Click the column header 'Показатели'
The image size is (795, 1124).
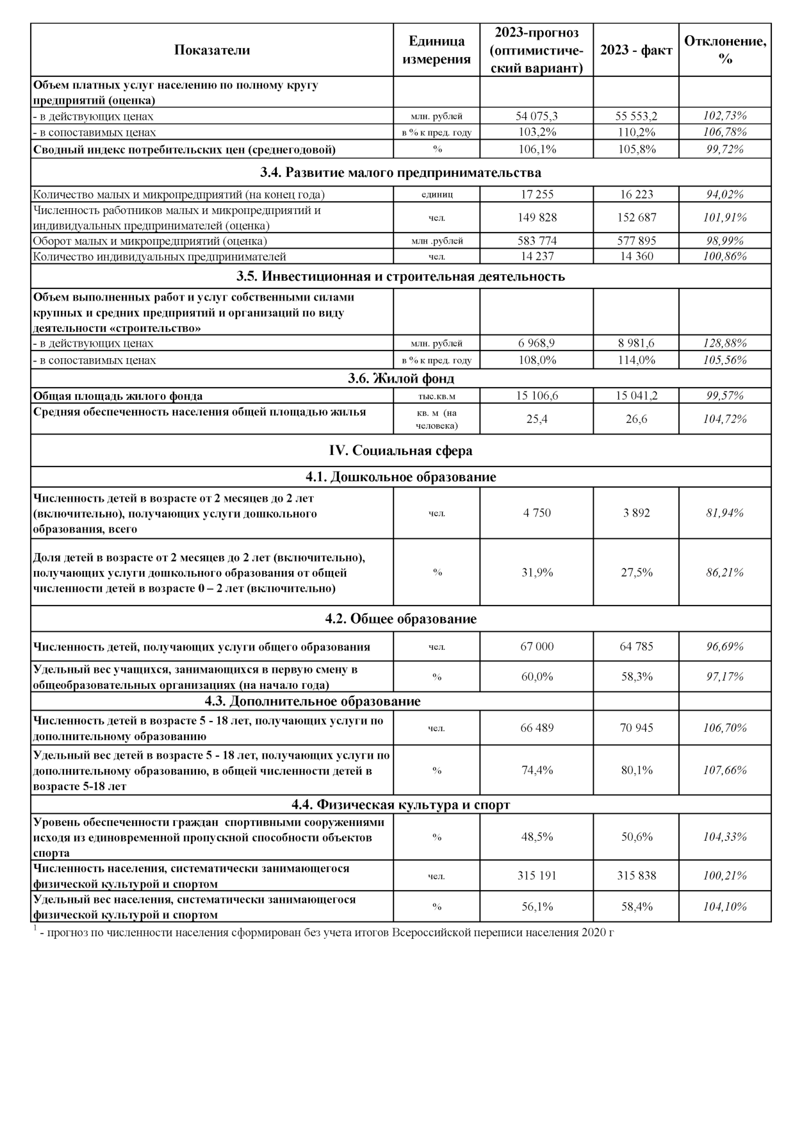[212, 50]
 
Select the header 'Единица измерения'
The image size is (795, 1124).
[436, 50]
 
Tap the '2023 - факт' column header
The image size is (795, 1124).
[636, 50]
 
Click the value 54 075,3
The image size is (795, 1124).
[537, 116]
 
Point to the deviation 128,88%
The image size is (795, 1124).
[725, 343]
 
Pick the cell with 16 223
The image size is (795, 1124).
[636, 194]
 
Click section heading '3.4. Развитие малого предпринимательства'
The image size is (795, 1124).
[400, 172]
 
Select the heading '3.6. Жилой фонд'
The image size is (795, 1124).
[400, 378]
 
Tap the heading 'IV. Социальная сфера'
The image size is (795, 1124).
[400, 450]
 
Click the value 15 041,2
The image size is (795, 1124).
[636, 395]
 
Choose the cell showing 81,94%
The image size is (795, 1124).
[725, 513]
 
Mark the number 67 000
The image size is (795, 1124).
[537, 646]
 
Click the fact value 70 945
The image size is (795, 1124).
[636, 727]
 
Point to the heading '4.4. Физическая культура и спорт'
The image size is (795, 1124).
[400, 804]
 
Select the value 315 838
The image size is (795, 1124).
[636, 875]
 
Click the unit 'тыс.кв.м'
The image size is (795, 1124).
[436, 396]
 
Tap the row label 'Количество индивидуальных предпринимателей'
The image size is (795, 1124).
[160, 256]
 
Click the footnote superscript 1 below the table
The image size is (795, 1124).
[35, 929]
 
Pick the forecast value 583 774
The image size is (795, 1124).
[537, 241]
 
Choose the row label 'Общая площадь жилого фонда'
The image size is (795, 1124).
[118, 396]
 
